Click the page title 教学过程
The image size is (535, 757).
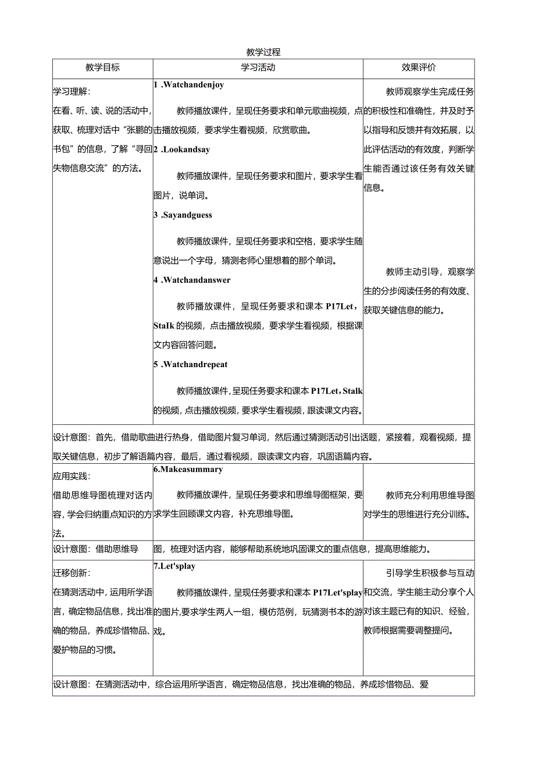[x=263, y=52]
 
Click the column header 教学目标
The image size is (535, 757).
[x=103, y=67]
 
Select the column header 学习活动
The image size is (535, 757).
[x=258, y=67]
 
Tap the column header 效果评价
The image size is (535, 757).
[x=419, y=67]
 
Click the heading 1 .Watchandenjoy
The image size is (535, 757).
[x=189, y=85]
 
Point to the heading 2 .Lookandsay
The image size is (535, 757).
[x=182, y=150]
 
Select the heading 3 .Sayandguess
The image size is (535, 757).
[x=183, y=215]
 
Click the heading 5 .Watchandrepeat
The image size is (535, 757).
[x=191, y=365]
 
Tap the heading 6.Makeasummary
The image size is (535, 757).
[x=188, y=470]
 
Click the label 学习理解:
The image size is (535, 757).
[x=72, y=92]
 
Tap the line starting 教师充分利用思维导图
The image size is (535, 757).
[x=430, y=496]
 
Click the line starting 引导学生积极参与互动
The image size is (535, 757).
[x=430, y=574]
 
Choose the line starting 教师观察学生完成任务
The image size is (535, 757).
[x=430, y=92]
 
